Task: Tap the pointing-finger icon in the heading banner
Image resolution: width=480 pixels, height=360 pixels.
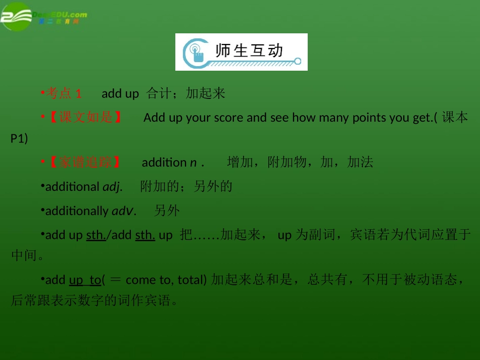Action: coord(196,52)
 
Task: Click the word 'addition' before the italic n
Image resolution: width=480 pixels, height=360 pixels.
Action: coord(164,162)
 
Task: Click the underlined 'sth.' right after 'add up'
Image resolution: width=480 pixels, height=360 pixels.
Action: coord(95,235)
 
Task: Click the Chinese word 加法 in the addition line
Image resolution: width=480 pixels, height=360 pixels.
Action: coord(361,162)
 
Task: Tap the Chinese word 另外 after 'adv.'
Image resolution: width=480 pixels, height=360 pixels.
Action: coord(167,211)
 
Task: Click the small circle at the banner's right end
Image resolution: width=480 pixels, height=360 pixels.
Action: coord(298,62)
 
